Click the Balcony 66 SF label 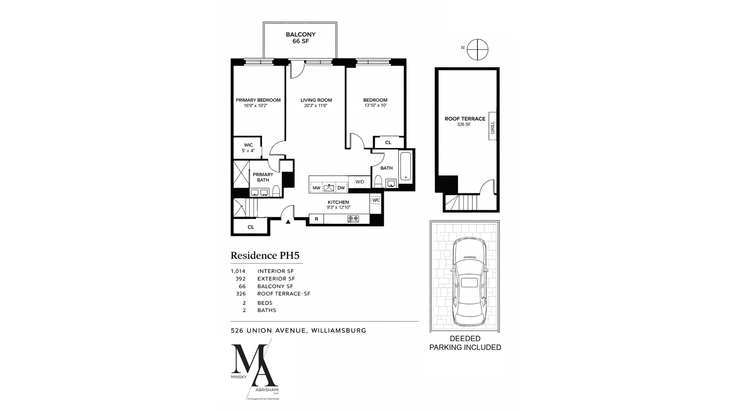coord(300,38)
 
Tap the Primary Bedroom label coord(258,100)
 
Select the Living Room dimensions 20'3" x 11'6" coord(316,106)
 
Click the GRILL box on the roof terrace coord(492,127)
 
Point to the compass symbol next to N coord(477,49)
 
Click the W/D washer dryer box coord(360,182)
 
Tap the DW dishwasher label coord(341,188)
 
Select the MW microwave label coord(316,188)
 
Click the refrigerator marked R coord(316,219)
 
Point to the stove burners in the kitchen coord(353,219)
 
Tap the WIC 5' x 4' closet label coord(248,148)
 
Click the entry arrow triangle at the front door coord(288,221)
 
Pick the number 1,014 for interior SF coord(238,271)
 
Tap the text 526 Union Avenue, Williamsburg coord(298,330)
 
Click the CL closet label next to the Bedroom coord(388,143)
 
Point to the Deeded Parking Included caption coord(465,343)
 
